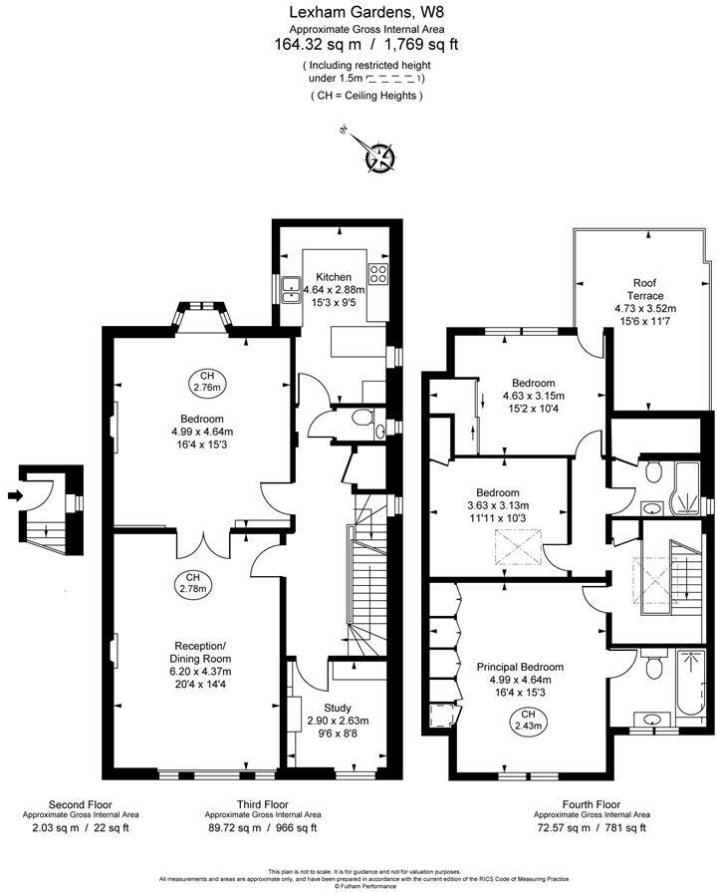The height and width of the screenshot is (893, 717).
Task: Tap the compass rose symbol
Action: point(379,157)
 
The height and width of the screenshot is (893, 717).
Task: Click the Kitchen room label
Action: point(334,276)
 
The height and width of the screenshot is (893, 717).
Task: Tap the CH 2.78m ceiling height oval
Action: point(195,583)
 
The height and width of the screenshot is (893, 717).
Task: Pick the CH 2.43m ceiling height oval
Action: point(528,721)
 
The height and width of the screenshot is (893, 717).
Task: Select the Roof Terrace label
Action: point(645,289)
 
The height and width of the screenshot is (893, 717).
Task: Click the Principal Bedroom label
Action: point(520,667)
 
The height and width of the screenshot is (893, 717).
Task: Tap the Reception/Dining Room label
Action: point(202,651)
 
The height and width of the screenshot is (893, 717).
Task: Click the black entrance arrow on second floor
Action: point(14,494)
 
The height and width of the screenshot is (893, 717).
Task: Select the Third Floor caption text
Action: point(263,803)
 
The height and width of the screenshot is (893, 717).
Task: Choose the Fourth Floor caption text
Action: point(591,803)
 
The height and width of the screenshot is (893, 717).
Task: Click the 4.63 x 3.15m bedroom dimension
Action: point(534,396)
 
